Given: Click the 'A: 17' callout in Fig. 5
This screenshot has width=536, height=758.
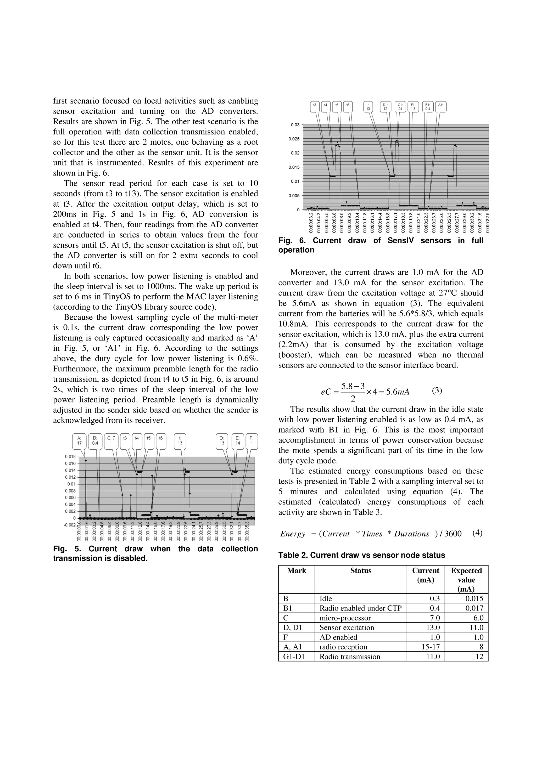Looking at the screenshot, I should coord(79,441).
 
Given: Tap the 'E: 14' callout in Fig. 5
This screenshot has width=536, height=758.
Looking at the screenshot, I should coord(237,441).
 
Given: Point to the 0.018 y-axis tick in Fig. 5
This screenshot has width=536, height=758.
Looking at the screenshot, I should coord(70,457).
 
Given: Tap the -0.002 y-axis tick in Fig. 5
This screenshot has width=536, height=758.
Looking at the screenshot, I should coord(70,525).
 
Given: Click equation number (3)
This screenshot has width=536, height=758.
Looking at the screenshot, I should coord(437,391).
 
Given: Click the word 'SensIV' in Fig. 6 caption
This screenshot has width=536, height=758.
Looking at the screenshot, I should coord(401,241).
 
